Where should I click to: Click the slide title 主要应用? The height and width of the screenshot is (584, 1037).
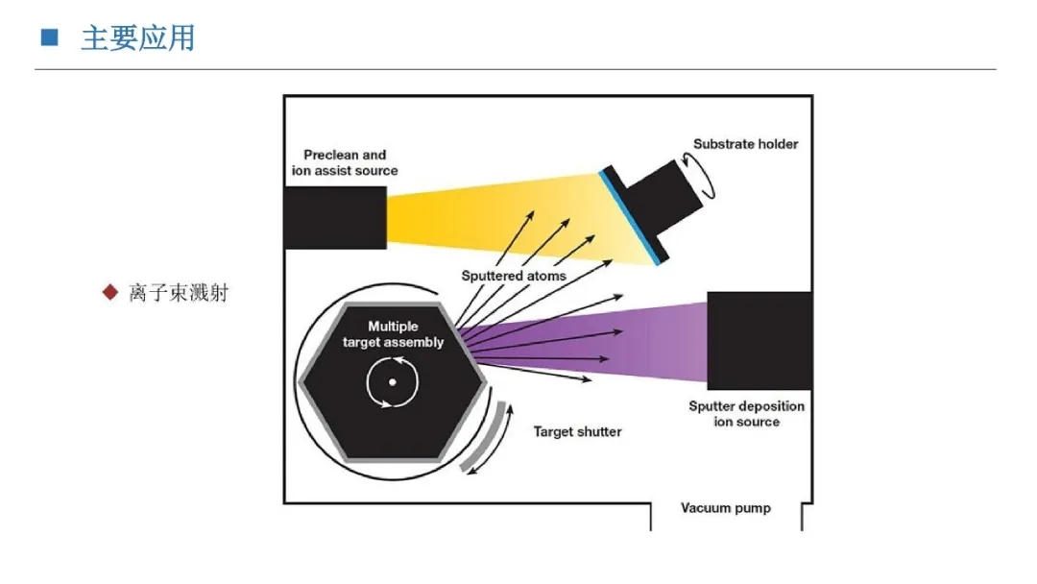click(x=137, y=38)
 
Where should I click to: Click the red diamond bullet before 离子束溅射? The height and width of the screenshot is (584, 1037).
click(x=110, y=291)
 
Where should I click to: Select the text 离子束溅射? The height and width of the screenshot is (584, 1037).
click(x=179, y=292)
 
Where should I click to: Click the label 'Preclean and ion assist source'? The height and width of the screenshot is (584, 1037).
click(x=345, y=162)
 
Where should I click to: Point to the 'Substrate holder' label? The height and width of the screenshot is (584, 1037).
click(x=745, y=144)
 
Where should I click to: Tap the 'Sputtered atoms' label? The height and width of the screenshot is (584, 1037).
click(x=513, y=276)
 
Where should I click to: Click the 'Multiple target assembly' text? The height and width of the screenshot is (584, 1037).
click(x=393, y=334)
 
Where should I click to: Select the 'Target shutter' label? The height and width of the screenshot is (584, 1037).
click(x=577, y=431)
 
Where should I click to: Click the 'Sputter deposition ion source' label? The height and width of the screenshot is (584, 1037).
click(x=746, y=413)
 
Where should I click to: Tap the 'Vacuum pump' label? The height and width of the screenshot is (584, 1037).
click(x=725, y=508)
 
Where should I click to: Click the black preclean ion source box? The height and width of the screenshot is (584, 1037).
click(x=335, y=217)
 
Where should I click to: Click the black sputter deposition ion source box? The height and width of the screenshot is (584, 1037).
click(x=759, y=340)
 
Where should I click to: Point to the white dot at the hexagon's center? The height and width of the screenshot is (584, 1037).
click(x=393, y=382)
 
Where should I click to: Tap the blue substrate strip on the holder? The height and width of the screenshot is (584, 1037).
click(x=630, y=216)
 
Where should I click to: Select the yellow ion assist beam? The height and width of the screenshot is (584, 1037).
click(x=480, y=215)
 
